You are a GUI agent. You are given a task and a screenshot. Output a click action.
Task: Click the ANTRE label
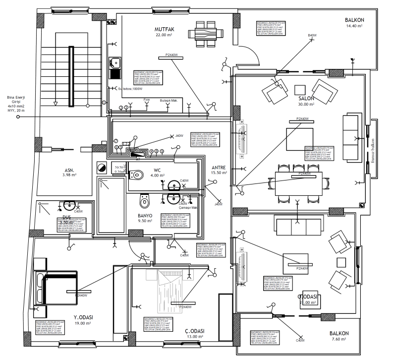tap(219, 167)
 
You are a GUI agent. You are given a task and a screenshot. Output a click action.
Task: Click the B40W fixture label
tap(312, 35)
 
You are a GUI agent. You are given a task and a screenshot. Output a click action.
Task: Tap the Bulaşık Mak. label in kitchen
tap(169, 101)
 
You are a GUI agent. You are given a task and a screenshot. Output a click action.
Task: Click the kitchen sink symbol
tap(115, 62)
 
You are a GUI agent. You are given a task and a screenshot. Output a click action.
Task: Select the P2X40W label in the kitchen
tap(169, 55)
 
